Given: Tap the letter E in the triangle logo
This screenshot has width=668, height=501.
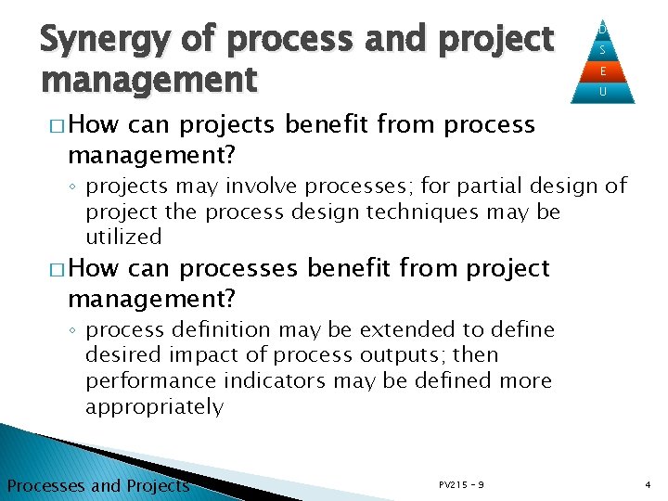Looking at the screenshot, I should tap(603, 71).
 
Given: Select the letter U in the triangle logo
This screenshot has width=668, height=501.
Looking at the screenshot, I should tap(603, 92).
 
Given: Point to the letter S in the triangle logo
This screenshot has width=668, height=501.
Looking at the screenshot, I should tap(603, 50).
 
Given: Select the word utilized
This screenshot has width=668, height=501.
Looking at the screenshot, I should tap(123, 237).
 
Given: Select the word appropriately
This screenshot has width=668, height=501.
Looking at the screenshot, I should tap(155, 406).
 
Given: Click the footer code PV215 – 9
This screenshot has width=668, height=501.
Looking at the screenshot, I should tap(460, 484).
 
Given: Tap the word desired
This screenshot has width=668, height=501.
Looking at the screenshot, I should tap(122, 355).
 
